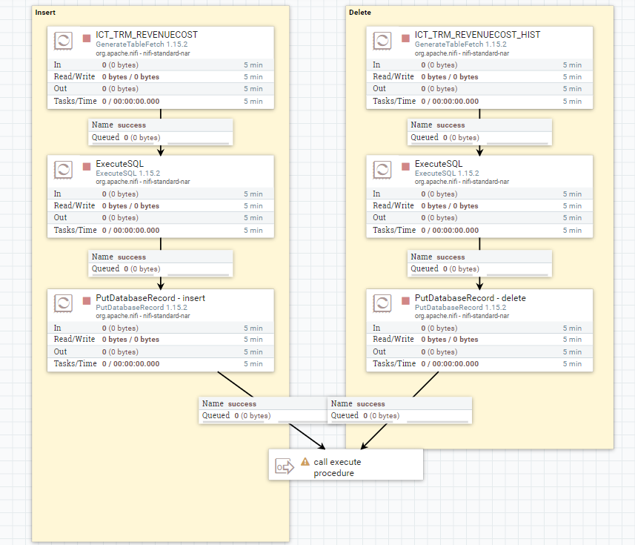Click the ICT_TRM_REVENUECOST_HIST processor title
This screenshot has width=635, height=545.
[477, 35]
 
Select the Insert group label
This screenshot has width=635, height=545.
[45, 13]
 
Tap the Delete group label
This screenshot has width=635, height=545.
[359, 13]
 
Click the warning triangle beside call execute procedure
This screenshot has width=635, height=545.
[305, 461]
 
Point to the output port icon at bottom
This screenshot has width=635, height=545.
[285, 466]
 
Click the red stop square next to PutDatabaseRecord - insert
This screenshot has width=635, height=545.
[86, 300]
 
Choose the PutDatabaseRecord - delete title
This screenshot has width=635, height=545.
[471, 298]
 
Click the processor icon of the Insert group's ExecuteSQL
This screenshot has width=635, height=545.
[63, 169]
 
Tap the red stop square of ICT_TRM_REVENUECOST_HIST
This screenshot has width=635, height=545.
[405, 38]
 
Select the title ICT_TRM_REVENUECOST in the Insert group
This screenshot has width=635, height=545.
[147, 35]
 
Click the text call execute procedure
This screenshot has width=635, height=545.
[337, 467]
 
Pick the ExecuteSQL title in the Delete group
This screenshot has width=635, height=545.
[439, 164]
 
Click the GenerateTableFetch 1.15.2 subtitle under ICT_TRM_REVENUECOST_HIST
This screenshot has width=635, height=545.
[460, 44]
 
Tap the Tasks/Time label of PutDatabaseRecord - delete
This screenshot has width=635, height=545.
[394, 363]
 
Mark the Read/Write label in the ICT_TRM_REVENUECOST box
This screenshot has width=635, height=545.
[74, 76]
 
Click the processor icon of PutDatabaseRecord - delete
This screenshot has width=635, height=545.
[382, 303]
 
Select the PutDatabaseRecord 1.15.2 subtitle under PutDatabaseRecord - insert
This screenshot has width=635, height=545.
[142, 308]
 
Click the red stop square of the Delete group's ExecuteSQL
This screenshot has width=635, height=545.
[405, 167]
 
